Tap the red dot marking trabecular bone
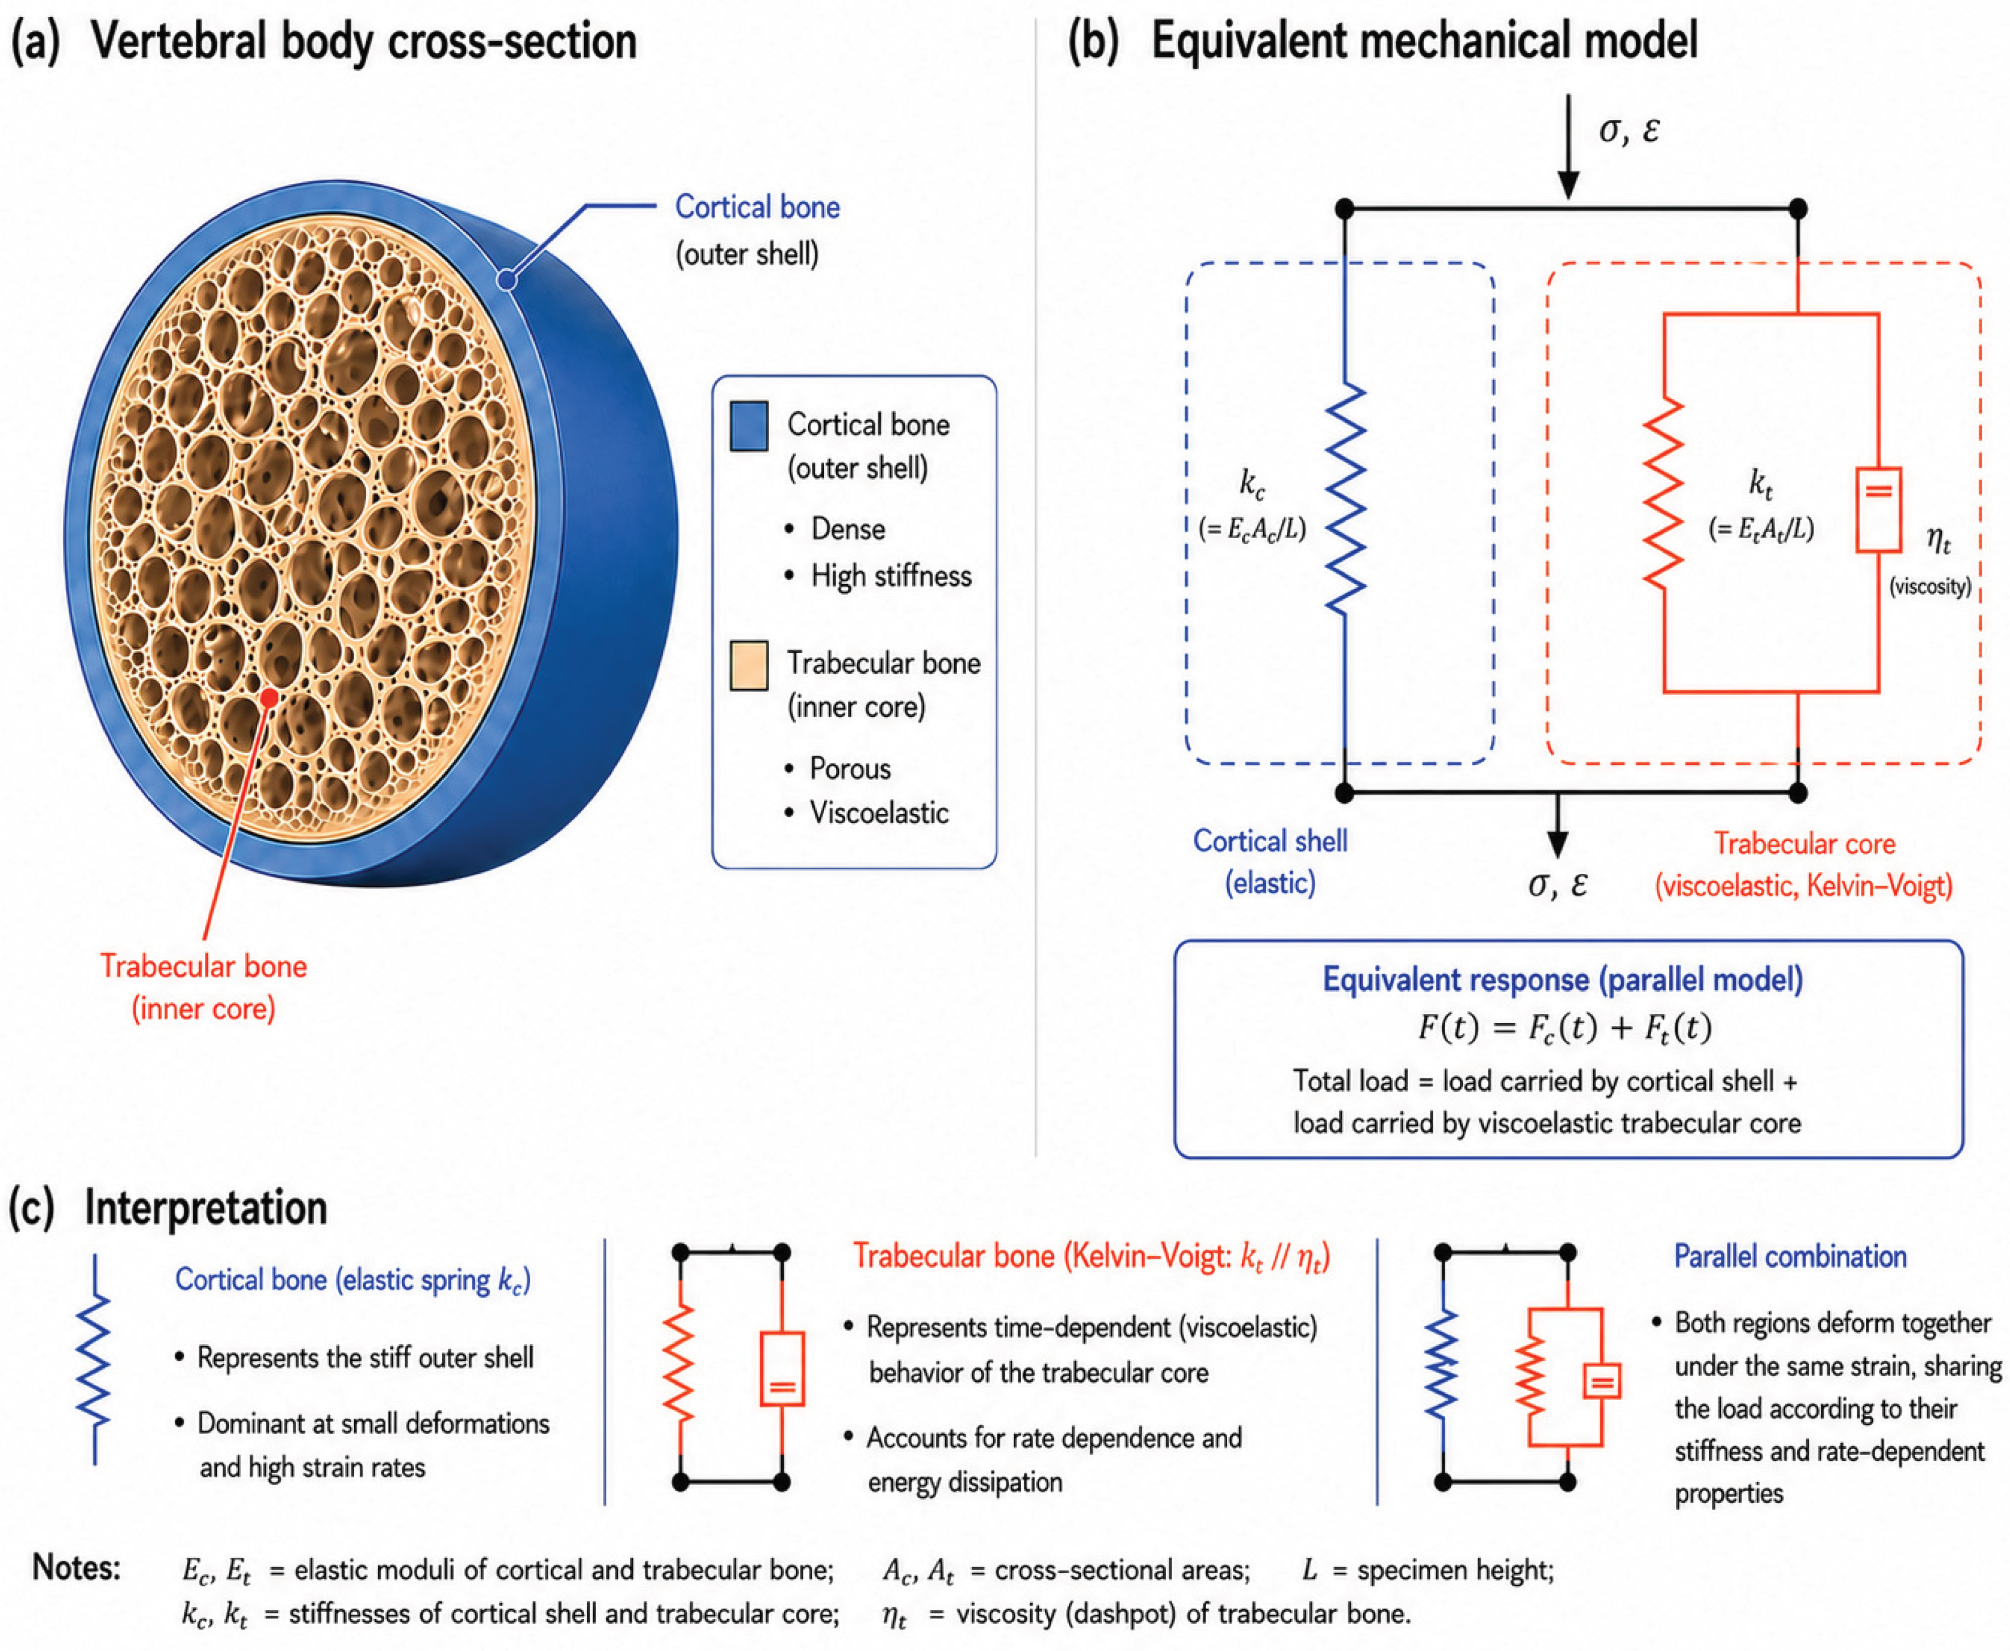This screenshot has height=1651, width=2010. (x=270, y=697)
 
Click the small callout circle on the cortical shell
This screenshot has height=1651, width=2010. (x=507, y=280)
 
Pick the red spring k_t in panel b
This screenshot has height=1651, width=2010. (x=1664, y=495)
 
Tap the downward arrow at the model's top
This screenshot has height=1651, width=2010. (x=1568, y=148)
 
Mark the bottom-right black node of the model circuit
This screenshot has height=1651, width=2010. (x=1798, y=792)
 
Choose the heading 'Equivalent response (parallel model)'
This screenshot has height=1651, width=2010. (x=1563, y=979)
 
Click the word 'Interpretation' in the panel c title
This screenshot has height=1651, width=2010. (x=206, y=1208)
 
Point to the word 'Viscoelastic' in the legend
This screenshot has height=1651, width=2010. (x=879, y=813)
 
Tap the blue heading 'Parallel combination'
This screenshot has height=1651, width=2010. (x=1790, y=1256)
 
